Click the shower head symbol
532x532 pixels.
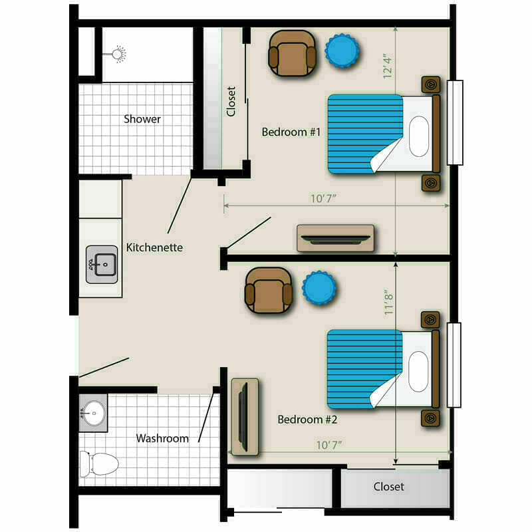coord(118,54)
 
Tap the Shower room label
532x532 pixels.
coord(142,119)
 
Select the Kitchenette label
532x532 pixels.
coord(154,247)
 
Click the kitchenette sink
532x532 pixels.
coord(102,265)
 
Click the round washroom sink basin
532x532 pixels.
coord(94,413)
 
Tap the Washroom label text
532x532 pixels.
coord(162,438)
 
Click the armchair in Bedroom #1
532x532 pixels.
coord(292,53)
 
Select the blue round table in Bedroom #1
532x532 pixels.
coord(342,51)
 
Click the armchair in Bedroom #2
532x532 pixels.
coord(269,291)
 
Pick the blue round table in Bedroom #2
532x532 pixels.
coord(319,288)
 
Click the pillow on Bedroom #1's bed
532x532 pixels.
coord(419,136)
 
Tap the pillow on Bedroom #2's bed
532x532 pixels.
coord(419,372)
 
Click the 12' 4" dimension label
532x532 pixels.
coord(387,66)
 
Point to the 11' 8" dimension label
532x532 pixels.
coord(388,303)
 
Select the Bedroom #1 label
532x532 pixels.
coord(291,132)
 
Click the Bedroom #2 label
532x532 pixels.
coord(307,420)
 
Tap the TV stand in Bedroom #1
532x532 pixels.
coord(336,238)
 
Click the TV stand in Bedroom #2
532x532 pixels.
coord(245,417)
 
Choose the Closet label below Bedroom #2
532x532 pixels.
coord(389,487)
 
